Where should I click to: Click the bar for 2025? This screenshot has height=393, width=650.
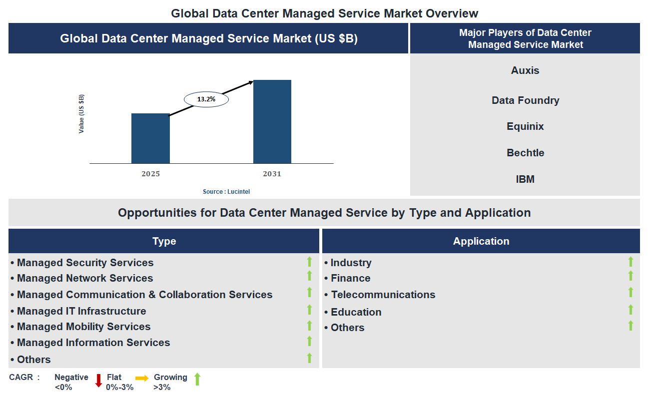pos(150,138)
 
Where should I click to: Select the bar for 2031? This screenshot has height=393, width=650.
pos(272,121)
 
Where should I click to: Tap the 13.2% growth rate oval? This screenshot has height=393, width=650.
pos(206,99)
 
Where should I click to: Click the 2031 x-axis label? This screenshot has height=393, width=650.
pos(272,174)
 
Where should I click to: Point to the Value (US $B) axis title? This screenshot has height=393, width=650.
pos(81,113)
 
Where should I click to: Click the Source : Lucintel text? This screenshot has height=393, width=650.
pos(226,192)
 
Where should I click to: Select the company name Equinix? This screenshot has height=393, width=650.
pos(525,126)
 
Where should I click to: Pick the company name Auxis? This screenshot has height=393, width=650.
pos(525,70)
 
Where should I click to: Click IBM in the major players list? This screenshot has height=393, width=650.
pos(525,179)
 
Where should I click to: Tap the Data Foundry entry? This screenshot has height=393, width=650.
pos(525,100)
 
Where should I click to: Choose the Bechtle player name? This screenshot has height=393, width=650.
pos(525,153)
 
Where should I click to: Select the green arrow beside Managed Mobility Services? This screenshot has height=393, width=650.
pos(309,326)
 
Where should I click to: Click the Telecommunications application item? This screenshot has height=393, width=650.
pos(383,295)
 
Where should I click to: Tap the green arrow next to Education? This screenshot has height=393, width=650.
pos(631,310)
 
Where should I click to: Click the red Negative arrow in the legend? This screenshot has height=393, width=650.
pos(98,381)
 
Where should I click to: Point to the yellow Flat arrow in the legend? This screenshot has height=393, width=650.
pos(142,378)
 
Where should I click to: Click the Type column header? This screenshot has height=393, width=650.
pos(164,241)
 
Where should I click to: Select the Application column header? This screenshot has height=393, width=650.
pos(481,241)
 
